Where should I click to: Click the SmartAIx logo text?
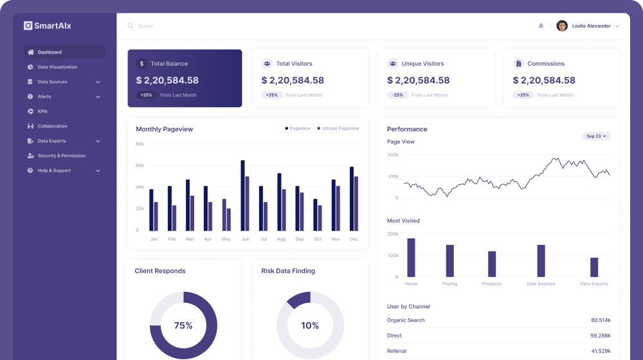click(52, 26)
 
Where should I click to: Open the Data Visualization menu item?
click(57, 67)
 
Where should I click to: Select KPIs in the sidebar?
click(42, 111)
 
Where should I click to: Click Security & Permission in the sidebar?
click(61, 156)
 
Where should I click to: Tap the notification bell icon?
click(541, 26)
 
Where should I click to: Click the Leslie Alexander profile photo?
click(562, 26)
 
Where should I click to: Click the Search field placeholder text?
click(146, 26)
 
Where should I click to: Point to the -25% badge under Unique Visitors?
click(397, 95)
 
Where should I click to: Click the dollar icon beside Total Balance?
click(141, 64)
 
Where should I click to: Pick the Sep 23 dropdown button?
click(596, 136)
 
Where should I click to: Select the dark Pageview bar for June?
click(242, 195)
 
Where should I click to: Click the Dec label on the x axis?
click(354, 239)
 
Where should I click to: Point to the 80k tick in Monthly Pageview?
click(140, 144)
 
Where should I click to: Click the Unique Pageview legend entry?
click(338, 129)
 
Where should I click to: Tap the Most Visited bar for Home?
click(411, 257)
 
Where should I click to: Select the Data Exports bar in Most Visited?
click(594, 267)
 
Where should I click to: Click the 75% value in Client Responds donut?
click(183, 325)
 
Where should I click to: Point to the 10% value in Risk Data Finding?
click(310, 325)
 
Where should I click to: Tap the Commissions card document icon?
click(518, 64)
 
